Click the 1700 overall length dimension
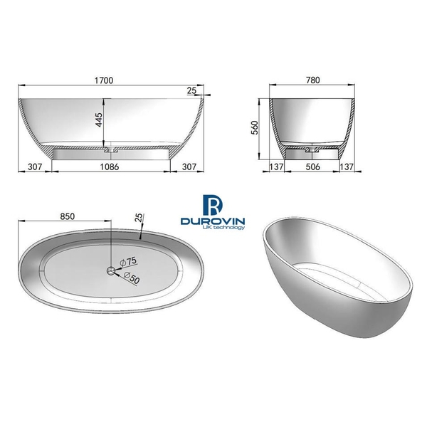[105, 80]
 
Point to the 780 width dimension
[312, 80]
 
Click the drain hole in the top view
[111, 270]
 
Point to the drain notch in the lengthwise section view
[111, 150]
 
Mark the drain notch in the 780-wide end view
[312, 150]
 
